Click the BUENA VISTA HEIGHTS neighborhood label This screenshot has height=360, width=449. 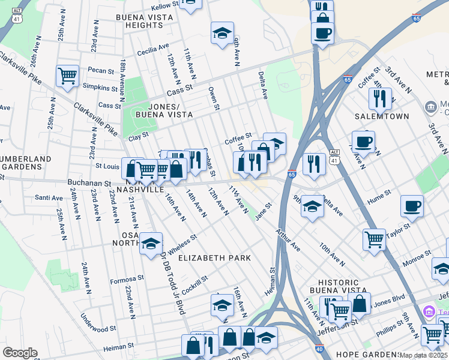[144, 21]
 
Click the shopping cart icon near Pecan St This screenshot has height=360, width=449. [67, 76]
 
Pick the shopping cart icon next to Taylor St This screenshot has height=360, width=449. [374, 238]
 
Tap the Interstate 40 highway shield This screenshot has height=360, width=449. [319, 348]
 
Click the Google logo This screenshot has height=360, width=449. [20, 352]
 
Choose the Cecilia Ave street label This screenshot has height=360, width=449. [153, 50]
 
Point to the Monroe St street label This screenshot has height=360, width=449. [417, 262]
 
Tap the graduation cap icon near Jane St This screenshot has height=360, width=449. [312, 207]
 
